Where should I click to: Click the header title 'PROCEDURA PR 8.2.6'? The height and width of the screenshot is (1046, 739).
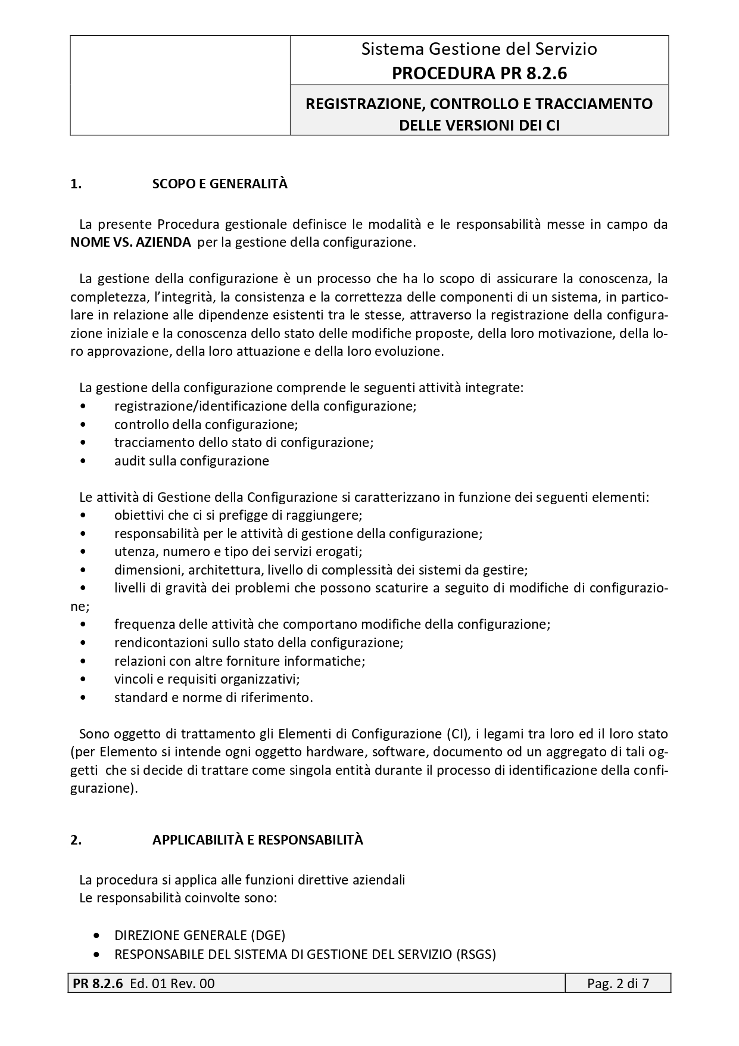(x=479, y=73)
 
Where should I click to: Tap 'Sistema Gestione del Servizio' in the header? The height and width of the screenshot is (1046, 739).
(x=479, y=49)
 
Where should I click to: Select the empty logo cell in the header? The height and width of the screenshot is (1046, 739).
(x=180, y=85)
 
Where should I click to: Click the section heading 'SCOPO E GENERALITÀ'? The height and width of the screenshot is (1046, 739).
(x=220, y=184)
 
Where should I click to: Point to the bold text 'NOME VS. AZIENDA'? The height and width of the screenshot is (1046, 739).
(x=130, y=243)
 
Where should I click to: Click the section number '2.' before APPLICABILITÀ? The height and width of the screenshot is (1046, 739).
(x=76, y=840)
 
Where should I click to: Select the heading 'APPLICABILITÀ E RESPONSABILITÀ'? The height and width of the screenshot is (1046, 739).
(x=257, y=840)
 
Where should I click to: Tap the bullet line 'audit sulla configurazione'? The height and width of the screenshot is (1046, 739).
(x=191, y=461)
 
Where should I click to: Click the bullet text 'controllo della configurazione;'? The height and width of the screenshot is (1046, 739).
(x=206, y=424)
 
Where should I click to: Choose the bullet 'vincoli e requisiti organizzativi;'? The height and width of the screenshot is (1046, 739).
(x=207, y=679)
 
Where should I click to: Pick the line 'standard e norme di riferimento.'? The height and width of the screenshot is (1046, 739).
(x=213, y=697)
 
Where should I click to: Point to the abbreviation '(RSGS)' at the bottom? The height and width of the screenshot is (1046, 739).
(x=476, y=954)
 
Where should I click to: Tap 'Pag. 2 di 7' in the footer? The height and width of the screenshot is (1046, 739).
(x=618, y=983)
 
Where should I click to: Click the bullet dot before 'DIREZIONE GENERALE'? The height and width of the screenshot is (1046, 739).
(x=98, y=936)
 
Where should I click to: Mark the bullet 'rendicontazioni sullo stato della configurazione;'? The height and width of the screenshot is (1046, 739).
(x=258, y=643)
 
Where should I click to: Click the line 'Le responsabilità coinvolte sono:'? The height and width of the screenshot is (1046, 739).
(x=177, y=898)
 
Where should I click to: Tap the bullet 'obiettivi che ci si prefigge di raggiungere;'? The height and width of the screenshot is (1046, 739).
(x=238, y=515)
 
